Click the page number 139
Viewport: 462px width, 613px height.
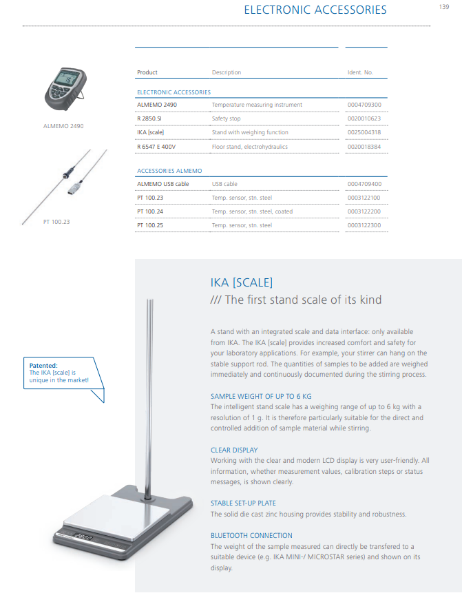point(444,7)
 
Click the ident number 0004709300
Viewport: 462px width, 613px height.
point(364,105)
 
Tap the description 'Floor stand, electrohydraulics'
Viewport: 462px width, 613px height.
point(249,146)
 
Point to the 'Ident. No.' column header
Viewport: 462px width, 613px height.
point(359,72)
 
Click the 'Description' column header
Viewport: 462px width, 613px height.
point(226,72)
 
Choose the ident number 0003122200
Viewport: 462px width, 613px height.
point(364,211)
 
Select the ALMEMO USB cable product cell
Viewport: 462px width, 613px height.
point(162,184)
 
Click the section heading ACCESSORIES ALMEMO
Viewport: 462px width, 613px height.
point(169,170)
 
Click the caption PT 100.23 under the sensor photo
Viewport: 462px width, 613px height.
point(56,222)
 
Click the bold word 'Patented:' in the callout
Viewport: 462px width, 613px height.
point(43,366)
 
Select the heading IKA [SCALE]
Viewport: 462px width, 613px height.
point(241,282)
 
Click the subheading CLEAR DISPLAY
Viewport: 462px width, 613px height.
point(234,450)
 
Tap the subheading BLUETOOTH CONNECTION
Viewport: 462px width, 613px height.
point(251,535)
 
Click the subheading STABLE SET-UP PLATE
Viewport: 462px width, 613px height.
point(243,503)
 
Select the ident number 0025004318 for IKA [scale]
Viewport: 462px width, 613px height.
point(364,132)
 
